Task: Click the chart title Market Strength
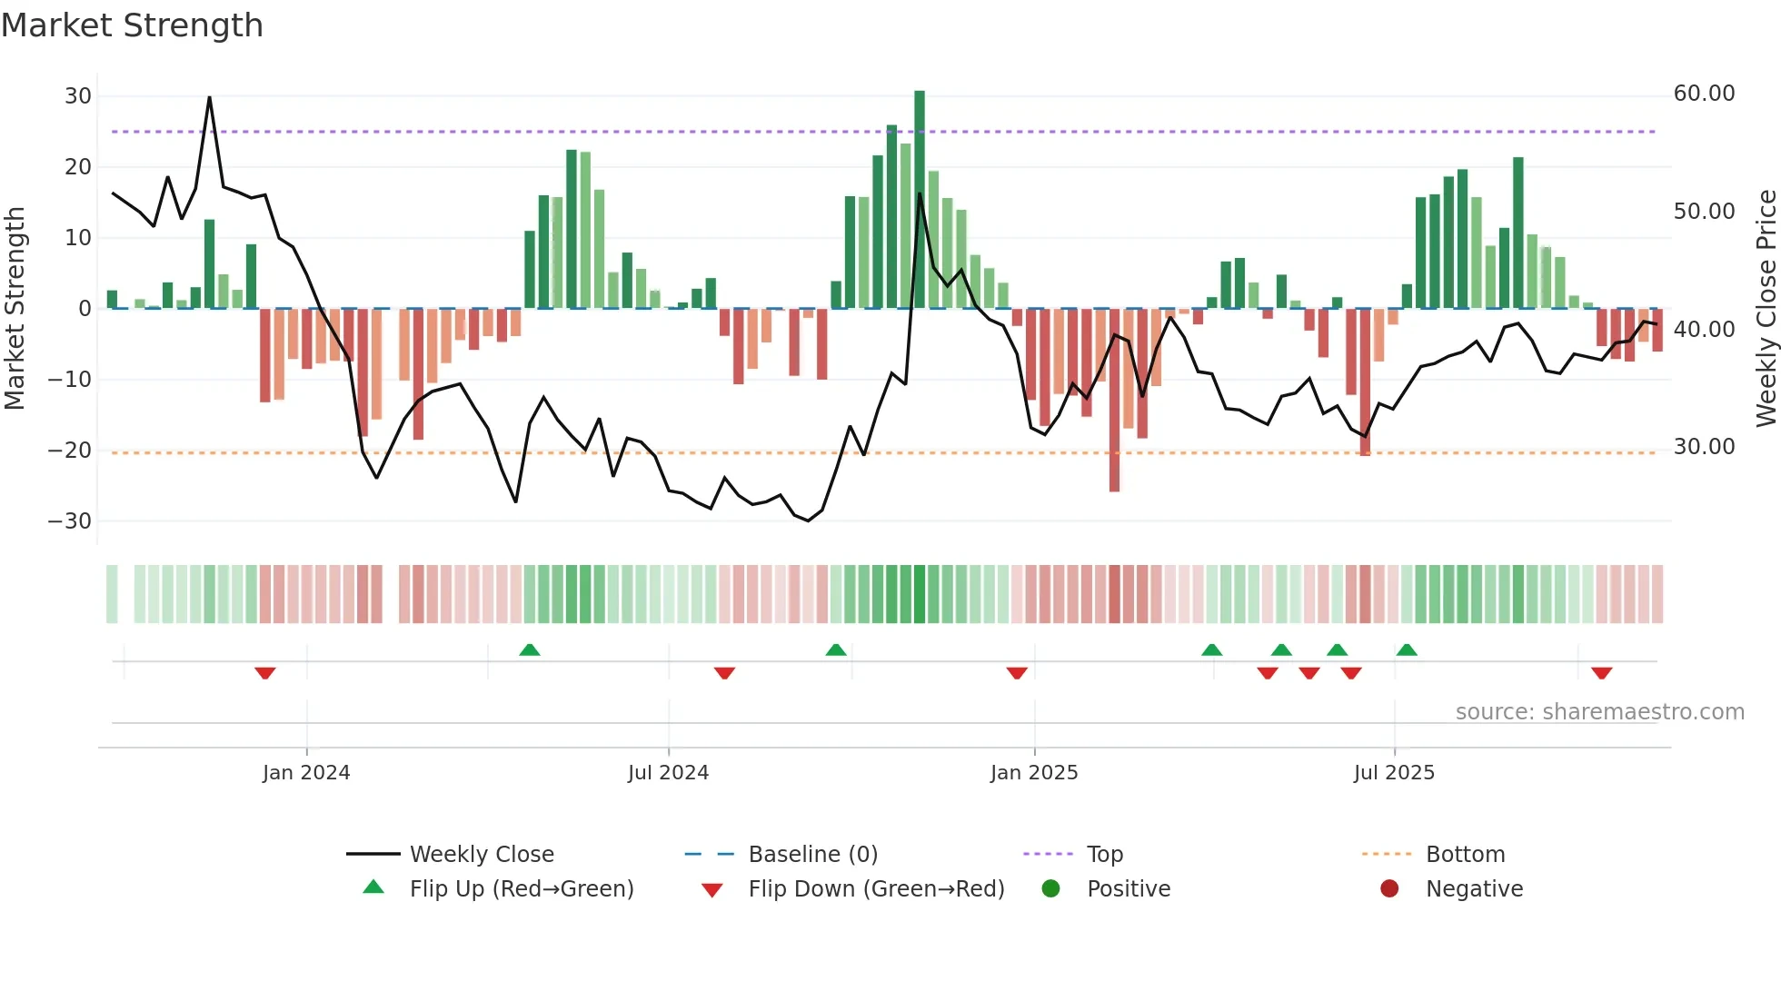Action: click(132, 25)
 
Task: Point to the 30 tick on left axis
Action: click(78, 96)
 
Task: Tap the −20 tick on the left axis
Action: click(70, 451)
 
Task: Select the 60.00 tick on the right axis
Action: click(1704, 94)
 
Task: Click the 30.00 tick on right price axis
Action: click(1704, 447)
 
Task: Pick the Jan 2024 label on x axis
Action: click(306, 773)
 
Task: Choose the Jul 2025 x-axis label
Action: click(1394, 773)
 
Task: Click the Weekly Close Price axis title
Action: click(1766, 309)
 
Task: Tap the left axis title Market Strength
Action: click(15, 309)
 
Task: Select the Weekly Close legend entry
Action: click(481, 855)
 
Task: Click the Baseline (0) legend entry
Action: click(812, 855)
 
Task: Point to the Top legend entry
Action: click(1104, 855)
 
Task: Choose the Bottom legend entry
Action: click(1465, 855)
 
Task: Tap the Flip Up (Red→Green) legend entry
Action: click(521, 889)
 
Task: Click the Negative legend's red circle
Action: click(1389, 889)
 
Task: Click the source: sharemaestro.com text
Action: click(1599, 712)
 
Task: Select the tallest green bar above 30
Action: click(920, 200)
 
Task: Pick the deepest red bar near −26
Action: click(1114, 400)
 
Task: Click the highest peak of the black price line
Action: click(209, 97)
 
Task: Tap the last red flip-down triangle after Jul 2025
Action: click(1601, 673)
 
